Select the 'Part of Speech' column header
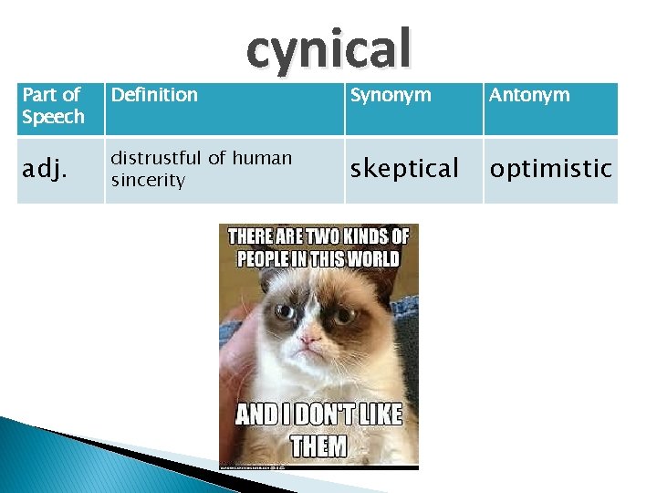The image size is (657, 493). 53,106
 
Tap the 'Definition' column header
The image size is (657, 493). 154,95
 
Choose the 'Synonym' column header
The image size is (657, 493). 391,95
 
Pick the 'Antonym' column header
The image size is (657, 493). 529,95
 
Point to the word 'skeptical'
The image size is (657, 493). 404,169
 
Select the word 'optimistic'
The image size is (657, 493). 550,169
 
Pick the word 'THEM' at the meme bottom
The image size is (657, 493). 318,446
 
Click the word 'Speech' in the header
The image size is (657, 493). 53,117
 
